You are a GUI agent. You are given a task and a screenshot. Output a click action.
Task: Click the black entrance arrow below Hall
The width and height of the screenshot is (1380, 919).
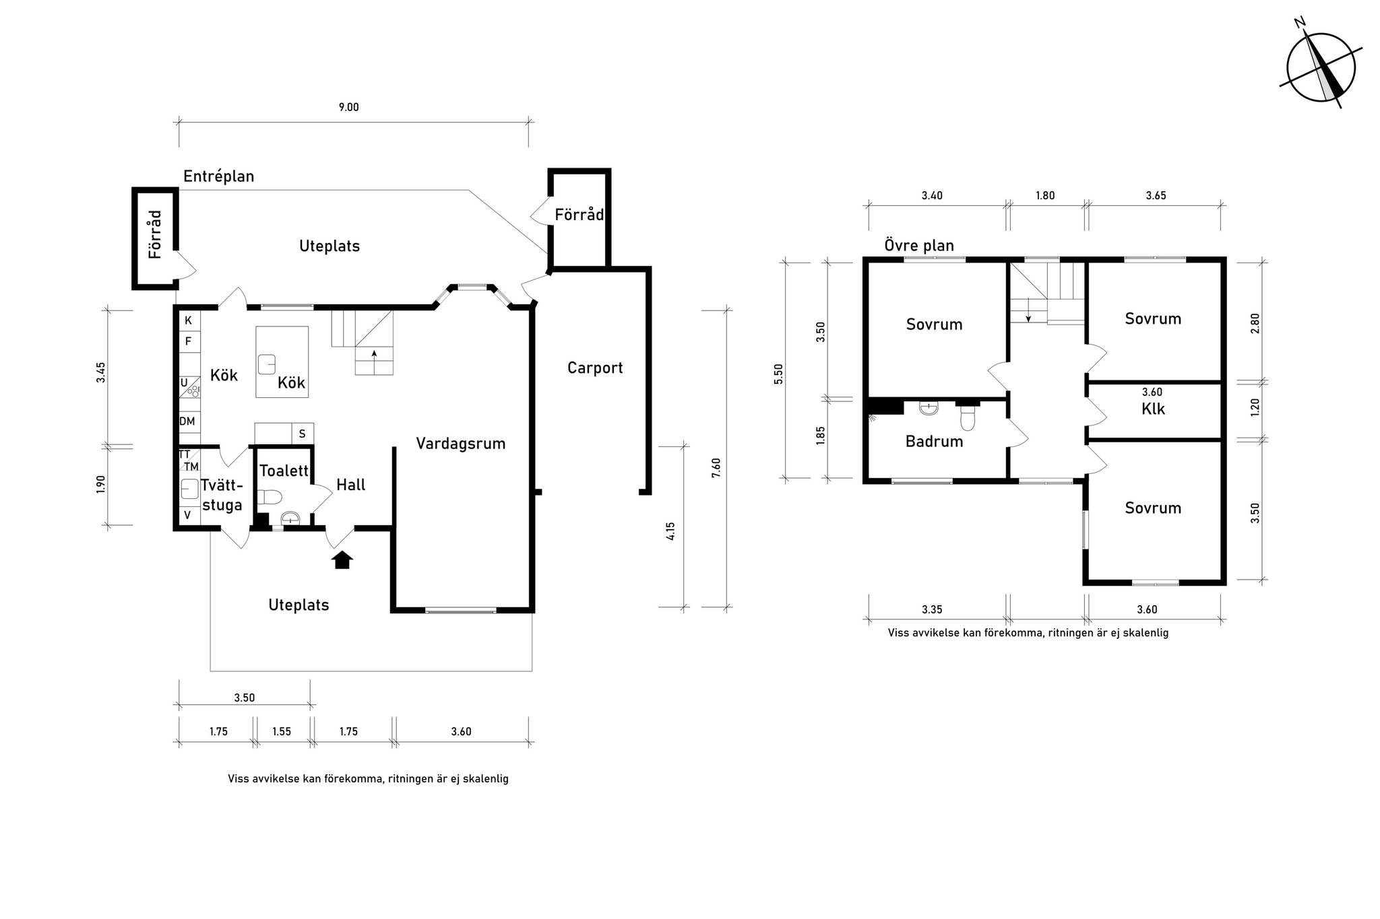342,559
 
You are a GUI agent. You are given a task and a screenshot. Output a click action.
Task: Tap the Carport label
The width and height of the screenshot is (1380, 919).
595,368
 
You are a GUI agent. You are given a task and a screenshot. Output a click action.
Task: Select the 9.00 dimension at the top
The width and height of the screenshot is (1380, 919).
348,107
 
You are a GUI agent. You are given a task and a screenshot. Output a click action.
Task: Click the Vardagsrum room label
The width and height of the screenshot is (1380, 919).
460,444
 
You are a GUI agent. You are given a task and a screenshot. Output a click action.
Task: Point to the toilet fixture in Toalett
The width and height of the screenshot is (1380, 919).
269,497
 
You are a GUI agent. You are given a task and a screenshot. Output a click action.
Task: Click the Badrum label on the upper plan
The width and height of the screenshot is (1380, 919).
934,442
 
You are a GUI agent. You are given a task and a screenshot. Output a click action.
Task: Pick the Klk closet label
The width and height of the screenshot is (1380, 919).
1153,409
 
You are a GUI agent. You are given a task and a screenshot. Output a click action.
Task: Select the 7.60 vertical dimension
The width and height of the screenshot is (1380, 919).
716,468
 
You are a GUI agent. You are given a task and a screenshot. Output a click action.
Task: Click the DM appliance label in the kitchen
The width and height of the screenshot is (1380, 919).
187,421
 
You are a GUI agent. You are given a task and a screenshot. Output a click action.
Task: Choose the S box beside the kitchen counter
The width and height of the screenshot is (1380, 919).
303,434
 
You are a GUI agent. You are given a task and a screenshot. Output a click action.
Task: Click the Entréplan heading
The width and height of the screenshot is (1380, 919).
219,176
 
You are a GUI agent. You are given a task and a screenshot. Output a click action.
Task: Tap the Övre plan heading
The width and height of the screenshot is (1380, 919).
919,245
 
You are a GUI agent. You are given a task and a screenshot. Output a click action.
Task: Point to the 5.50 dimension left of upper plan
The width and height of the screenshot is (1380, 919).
779,374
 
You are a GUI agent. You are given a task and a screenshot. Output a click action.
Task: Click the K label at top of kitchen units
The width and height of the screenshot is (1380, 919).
189,320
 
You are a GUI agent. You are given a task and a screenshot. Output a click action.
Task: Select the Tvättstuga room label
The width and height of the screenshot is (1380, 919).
222,495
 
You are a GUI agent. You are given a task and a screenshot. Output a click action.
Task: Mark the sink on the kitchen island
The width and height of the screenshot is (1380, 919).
267,364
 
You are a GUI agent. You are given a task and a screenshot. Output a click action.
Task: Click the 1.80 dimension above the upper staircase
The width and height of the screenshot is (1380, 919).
1045,196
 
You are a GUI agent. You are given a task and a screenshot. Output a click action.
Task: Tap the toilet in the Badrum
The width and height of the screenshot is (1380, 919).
968,417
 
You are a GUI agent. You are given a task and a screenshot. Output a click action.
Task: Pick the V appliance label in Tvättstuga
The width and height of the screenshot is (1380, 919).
188,515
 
